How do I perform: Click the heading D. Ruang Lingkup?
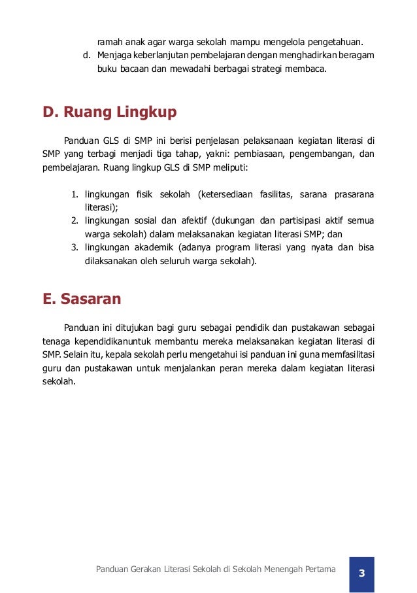pyautogui.click(x=110, y=112)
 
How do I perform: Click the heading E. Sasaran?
pyautogui.click(x=82, y=299)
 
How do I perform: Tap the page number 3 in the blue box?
pyautogui.click(x=361, y=573)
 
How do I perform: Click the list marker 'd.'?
pyautogui.click(x=86, y=56)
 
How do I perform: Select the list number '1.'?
pyautogui.click(x=75, y=195)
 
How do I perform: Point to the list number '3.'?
pyautogui.click(x=75, y=247)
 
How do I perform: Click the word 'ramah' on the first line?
pyautogui.click(x=108, y=42)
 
